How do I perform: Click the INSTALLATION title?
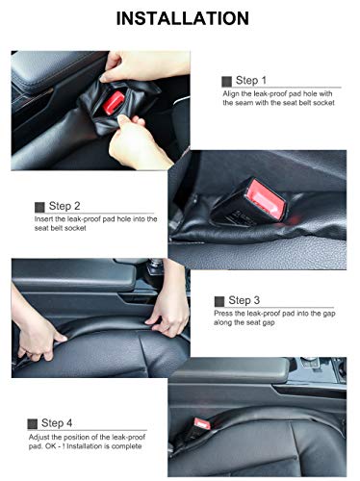182,18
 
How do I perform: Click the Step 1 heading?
251,80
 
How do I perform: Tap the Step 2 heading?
64,206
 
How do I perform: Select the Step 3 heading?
244,300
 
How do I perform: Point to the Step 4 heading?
57,423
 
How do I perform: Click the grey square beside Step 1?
226,82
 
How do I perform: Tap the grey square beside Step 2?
39,207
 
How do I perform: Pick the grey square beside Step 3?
219,301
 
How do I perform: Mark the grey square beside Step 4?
33,424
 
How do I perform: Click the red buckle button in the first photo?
114,102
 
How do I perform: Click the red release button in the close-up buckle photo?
267,196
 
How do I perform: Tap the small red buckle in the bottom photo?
202,424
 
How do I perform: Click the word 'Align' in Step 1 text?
230,94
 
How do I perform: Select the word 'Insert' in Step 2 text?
43,219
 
